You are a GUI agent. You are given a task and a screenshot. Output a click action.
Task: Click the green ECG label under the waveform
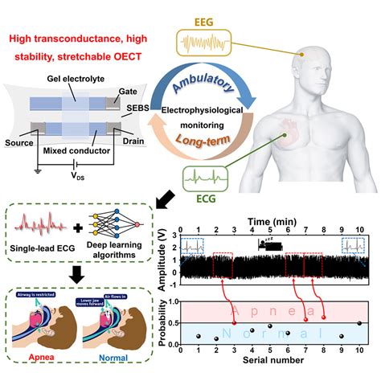coord(205,194)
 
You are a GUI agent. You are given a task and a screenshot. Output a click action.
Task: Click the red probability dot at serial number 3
coord(233,319)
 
